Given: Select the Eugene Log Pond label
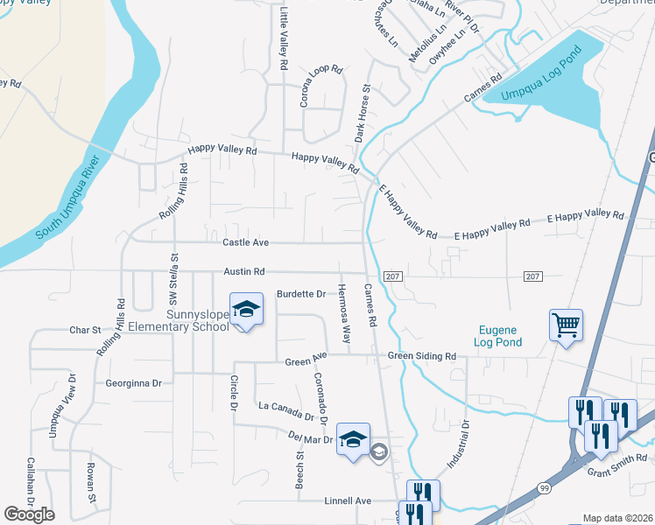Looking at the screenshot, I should tap(499, 336).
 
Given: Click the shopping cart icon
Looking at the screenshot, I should tap(566, 325).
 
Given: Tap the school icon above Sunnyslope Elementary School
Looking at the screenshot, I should tap(246, 310).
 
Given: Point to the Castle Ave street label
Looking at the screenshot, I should tap(245, 241).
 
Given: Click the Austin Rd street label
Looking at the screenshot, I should tap(243, 273).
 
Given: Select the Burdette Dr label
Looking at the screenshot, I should tap(300, 294).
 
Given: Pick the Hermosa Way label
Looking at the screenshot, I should tap(345, 312).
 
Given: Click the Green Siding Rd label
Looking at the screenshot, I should tap(422, 356).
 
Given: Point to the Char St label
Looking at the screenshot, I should tap(85, 331).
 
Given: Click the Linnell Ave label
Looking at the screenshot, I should tap(349, 500).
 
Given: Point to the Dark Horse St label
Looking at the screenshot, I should tap(363, 114).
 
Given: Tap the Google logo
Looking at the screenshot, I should tap(29, 514).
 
